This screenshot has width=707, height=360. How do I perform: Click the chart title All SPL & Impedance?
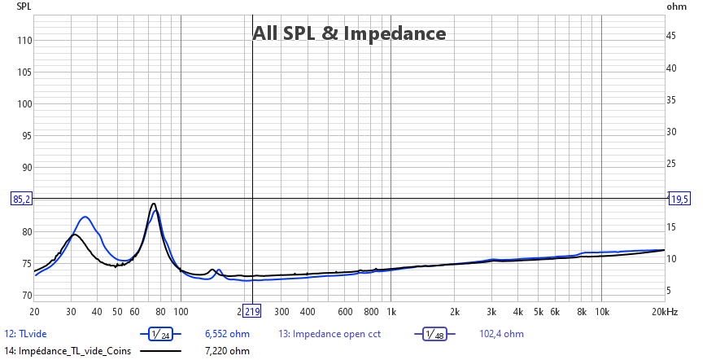349,33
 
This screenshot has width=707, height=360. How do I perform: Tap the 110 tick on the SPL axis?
24,40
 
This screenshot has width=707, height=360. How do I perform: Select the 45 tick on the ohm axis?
672,36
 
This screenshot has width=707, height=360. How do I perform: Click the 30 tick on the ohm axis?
672,131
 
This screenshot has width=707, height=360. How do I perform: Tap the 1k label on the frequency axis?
391,312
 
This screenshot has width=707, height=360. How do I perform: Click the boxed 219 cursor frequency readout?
251,312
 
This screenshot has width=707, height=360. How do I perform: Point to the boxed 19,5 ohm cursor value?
679,199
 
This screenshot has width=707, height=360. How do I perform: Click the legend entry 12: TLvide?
28,334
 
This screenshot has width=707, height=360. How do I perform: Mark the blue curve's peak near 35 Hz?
85,217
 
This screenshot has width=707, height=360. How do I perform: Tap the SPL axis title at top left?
24,6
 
